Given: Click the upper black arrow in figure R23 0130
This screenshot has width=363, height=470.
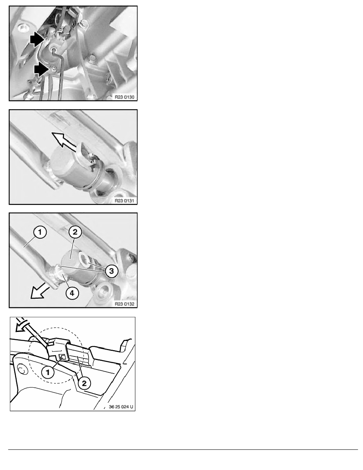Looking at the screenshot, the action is click(x=37, y=40).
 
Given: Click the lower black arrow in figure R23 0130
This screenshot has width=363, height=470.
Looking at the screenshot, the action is click(x=42, y=70).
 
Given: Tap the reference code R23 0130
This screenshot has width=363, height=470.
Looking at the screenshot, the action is click(x=125, y=97).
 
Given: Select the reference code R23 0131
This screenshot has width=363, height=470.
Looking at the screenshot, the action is click(x=125, y=201).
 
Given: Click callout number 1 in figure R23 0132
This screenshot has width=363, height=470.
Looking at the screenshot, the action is click(x=40, y=232).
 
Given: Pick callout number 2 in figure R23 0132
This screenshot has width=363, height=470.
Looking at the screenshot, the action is click(x=75, y=232).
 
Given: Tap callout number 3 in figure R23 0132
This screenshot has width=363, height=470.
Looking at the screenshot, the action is click(x=112, y=271).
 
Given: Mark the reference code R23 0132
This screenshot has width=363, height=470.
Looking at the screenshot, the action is click(x=125, y=304).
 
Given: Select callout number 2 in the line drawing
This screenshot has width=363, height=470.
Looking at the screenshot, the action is click(x=84, y=383).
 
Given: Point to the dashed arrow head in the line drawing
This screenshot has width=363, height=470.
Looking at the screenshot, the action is click(x=20, y=327).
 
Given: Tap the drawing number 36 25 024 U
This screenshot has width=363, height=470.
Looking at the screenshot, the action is click(x=121, y=407).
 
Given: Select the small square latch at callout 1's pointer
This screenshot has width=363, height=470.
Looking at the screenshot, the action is click(x=62, y=356).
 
